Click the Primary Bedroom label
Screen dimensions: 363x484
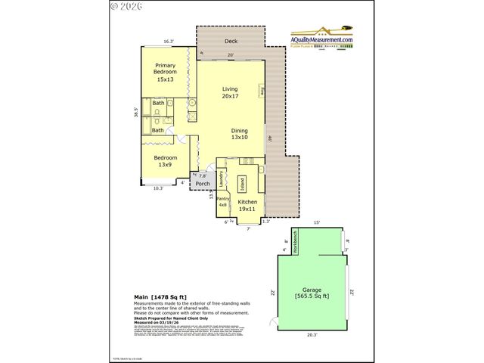pyautogui.click(x=165, y=72)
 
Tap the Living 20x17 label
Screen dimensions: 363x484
pyautogui.click(x=230, y=92)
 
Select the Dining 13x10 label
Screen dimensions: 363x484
pyautogui.click(x=239, y=133)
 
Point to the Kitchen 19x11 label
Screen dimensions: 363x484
pyautogui.click(x=248, y=206)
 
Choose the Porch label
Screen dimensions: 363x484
pyautogui.click(x=202, y=183)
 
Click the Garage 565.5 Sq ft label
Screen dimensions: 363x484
pyautogui.click(x=312, y=292)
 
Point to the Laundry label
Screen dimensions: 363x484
pyautogui.click(x=221, y=179)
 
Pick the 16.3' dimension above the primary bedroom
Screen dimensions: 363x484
pyautogui.click(x=169, y=42)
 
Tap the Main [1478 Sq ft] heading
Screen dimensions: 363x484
pyautogui.click(x=160, y=296)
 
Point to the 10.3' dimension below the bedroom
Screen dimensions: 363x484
pyautogui.click(x=158, y=188)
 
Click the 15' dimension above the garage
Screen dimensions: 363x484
pyautogui.click(x=317, y=222)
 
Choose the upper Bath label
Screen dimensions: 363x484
pyautogui.click(x=158, y=103)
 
